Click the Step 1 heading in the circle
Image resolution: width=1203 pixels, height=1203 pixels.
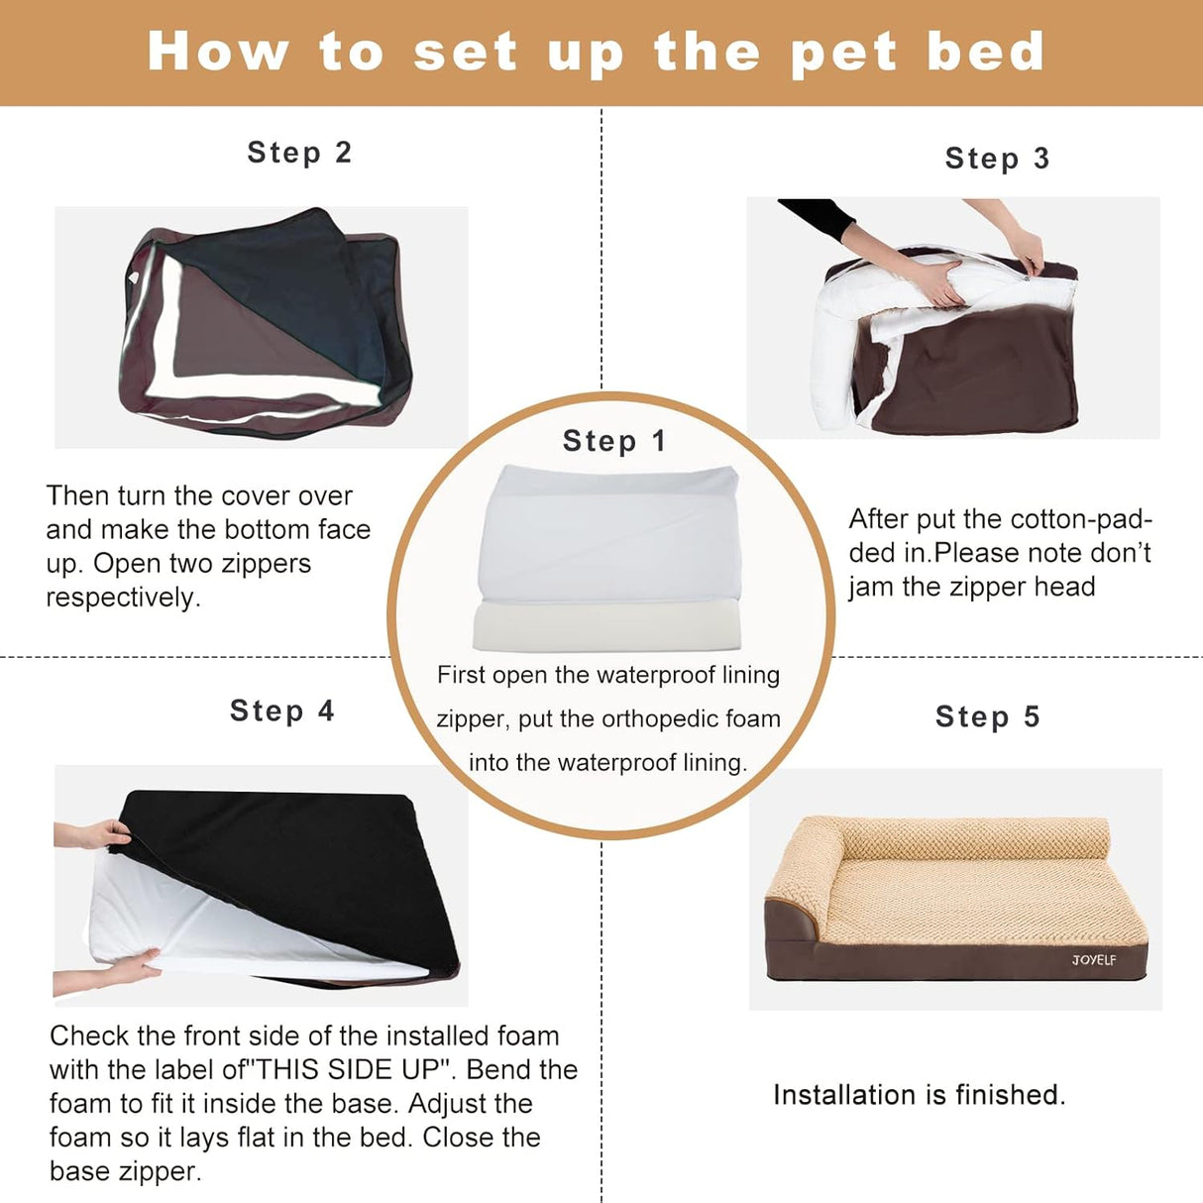pyautogui.click(x=613, y=441)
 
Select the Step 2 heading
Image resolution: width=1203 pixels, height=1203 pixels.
pyautogui.click(x=299, y=153)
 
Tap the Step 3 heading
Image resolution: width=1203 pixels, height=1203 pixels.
pyautogui.click(x=997, y=159)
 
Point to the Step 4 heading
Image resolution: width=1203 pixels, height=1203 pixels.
pyautogui.click(x=282, y=711)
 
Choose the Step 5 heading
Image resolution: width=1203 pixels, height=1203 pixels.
pyautogui.click(x=988, y=716)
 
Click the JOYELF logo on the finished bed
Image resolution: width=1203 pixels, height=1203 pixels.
pyautogui.click(x=1093, y=959)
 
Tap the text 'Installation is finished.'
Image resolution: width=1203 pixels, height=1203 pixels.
pyautogui.click(x=919, y=1095)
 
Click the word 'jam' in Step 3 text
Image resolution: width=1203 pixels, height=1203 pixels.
pyautogui.click(x=870, y=587)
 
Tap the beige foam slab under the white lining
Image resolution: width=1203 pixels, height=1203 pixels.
pyautogui.click(x=606, y=626)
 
